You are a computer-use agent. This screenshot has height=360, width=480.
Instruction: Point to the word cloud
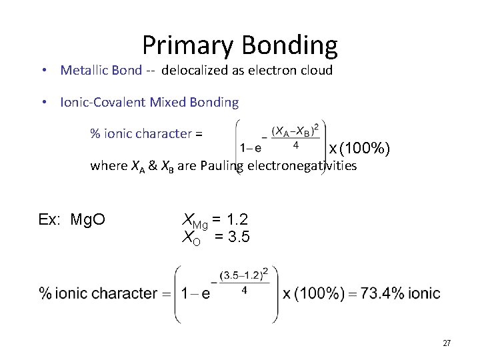click(316, 70)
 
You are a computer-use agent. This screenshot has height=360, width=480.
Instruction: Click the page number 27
click(447, 343)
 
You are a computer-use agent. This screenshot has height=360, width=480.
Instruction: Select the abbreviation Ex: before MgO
click(51, 219)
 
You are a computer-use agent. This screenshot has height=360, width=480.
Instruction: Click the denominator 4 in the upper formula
click(295, 144)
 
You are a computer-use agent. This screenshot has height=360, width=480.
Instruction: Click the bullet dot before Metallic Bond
click(42, 71)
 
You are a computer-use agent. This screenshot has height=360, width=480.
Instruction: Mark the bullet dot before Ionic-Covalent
click(42, 103)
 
